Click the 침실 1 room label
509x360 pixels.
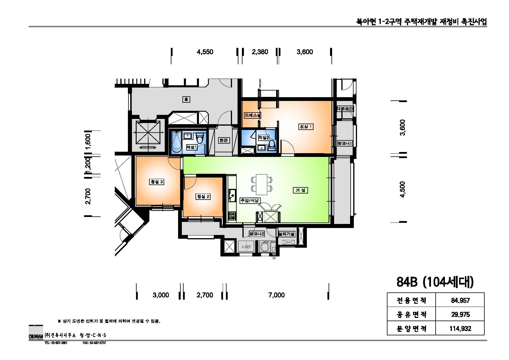306,127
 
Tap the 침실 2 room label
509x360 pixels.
203,196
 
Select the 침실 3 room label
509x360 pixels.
157,182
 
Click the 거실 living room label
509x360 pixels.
300,190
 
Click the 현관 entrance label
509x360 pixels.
223,140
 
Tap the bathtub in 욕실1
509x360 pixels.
176,142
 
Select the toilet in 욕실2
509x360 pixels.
272,145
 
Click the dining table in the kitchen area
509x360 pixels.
262,184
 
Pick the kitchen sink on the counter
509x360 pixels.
232,196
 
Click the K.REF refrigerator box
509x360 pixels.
246,247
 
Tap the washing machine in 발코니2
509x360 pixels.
265,247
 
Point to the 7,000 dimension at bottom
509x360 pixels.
276,295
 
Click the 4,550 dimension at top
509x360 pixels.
205,52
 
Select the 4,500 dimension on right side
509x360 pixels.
403,189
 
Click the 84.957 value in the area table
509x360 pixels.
460,301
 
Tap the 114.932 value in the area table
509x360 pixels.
460,329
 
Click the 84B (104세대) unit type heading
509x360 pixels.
435,282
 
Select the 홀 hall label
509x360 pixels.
186,100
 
